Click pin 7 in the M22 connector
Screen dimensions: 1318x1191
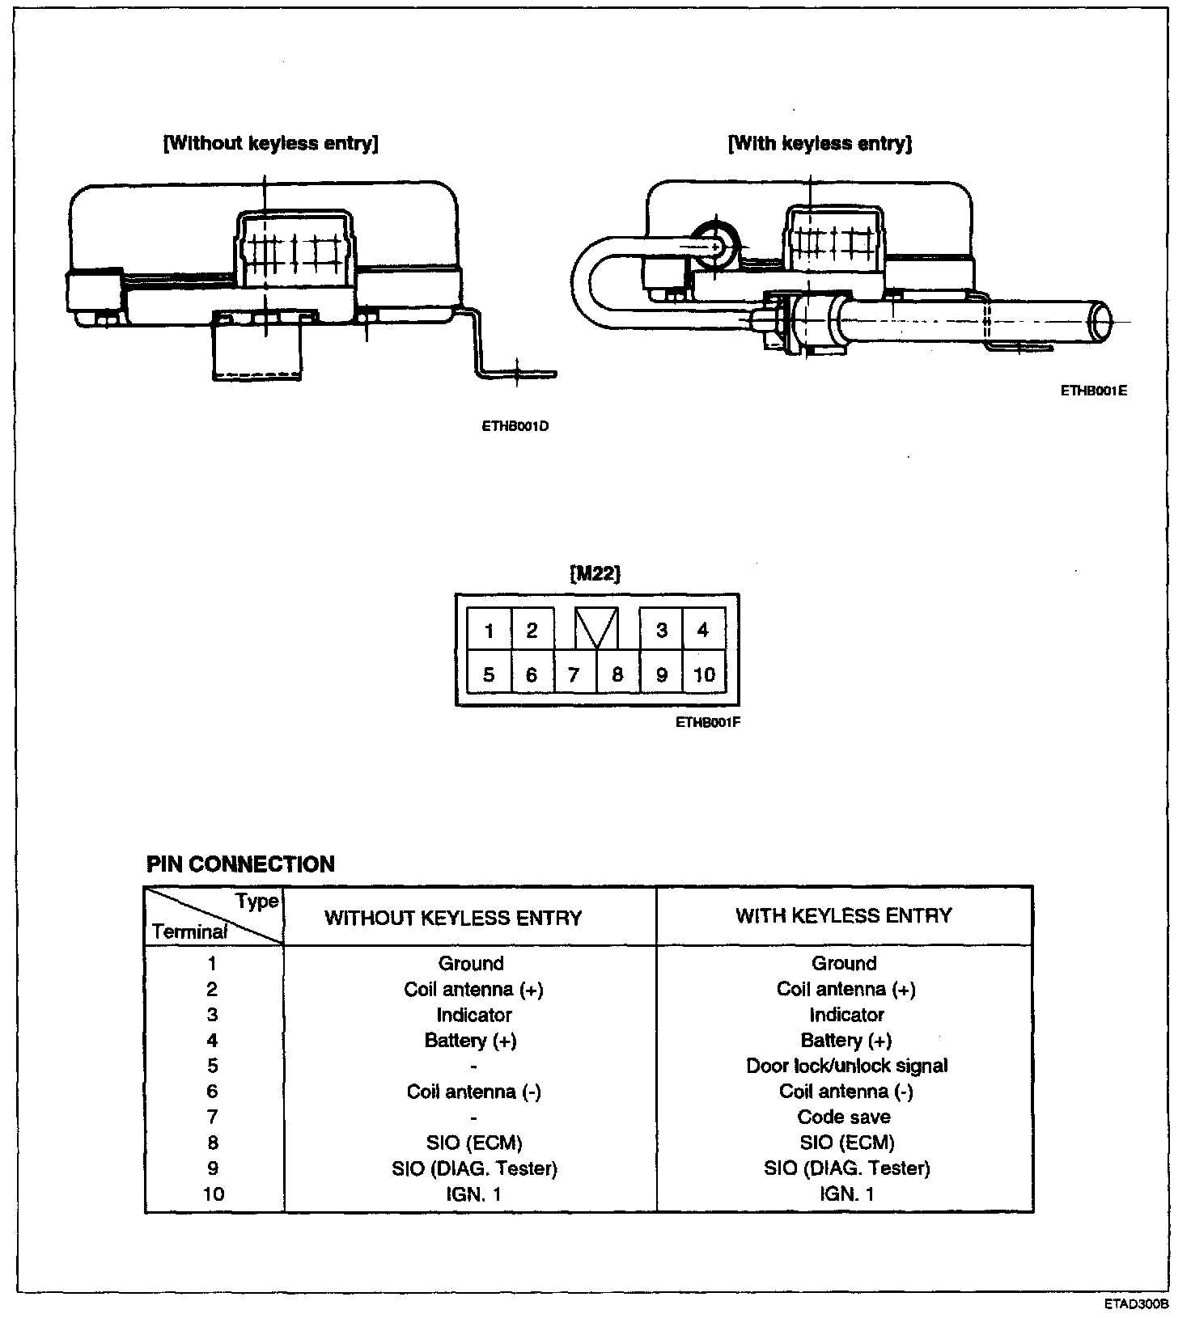point(574,674)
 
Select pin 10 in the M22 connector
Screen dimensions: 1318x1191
point(704,674)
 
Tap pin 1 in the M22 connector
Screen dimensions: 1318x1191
point(489,631)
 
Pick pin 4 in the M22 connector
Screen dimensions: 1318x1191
point(702,630)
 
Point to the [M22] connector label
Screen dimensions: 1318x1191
point(595,574)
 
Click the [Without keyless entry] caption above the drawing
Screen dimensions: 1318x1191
point(271,144)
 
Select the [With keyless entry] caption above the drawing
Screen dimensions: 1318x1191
point(820,144)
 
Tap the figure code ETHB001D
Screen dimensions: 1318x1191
point(515,426)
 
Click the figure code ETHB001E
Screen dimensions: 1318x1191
point(1094,391)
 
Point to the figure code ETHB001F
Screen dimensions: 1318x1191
point(708,723)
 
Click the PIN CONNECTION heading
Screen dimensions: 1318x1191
point(240,864)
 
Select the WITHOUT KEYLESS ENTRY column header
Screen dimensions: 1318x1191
point(453,919)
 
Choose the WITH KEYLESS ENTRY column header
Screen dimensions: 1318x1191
point(844,916)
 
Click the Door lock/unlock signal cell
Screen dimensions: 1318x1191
point(846,1066)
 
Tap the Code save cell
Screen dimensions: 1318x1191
point(844,1117)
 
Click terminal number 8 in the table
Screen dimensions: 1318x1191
point(212,1143)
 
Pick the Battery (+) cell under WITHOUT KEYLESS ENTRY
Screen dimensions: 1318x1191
point(470,1041)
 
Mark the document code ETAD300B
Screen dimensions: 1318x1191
point(1137,1304)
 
